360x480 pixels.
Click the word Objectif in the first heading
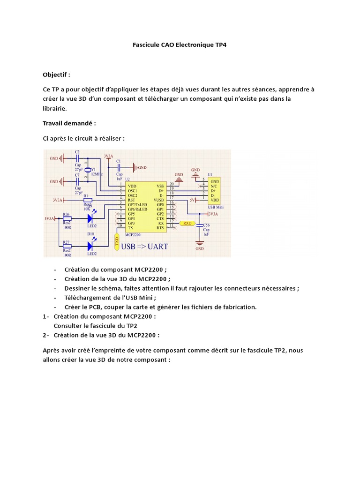pyautogui.click(x=55, y=75)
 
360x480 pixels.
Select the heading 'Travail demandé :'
pyautogui.click(x=69, y=123)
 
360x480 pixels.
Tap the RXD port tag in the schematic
pyautogui.click(x=187, y=223)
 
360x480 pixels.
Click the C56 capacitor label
pyautogui.click(x=206, y=225)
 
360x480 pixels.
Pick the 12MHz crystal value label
pyautogui.click(x=97, y=174)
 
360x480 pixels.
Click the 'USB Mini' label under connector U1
pyautogui.click(x=215, y=207)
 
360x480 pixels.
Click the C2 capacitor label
pyautogui.click(x=77, y=152)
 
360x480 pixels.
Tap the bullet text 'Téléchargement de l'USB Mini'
pyautogui.click(x=110, y=298)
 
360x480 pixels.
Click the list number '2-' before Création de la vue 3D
pyautogui.click(x=45, y=335)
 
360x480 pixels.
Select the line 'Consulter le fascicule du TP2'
pyautogui.click(x=95, y=326)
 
